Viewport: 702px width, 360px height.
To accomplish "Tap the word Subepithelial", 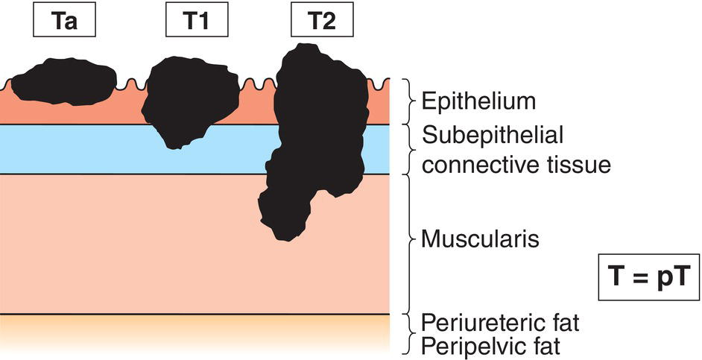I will (x=492, y=136).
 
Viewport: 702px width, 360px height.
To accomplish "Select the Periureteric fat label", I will (x=500, y=323).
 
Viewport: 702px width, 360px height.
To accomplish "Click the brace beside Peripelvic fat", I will (x=408, y=345).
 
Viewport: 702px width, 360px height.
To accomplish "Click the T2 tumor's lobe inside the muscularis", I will (x=287, y=209).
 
